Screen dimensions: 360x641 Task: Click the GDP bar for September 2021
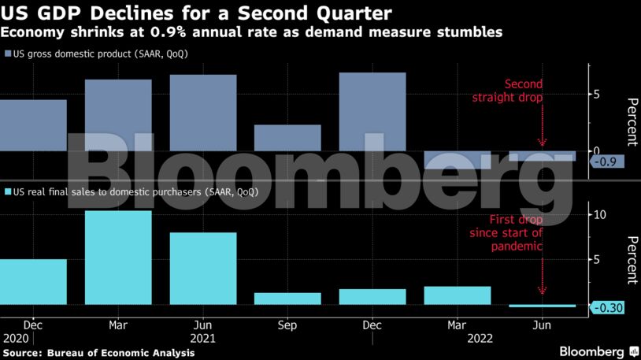287,138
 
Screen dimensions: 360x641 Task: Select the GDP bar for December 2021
372,111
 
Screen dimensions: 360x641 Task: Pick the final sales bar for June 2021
203,269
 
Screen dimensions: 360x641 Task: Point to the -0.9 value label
606,161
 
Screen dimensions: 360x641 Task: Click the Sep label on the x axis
287,325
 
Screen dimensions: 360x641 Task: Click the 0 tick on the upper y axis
597,150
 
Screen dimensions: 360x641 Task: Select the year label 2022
481,338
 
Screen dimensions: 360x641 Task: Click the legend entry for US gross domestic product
100,54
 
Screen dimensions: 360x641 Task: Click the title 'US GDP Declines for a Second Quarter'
197,13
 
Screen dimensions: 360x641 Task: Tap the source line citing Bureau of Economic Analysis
98,353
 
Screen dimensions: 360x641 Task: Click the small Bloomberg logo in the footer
592,351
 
